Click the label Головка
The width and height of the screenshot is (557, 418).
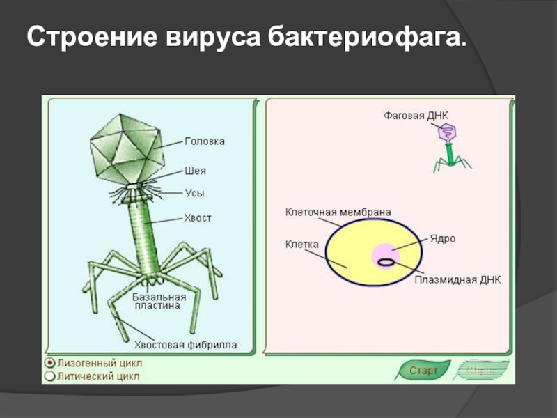204,141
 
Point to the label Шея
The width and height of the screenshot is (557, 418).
195,171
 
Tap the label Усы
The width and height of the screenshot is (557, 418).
194,193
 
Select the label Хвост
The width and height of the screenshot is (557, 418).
198,218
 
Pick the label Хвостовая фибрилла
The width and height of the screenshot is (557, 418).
185,344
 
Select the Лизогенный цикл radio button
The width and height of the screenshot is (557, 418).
49,363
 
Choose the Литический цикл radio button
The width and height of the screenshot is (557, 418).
49,376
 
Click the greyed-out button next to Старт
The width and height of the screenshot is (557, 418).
482,371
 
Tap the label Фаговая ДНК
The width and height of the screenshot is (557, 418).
416,115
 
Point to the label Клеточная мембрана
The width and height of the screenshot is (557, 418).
338,211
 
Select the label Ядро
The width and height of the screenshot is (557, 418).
442,238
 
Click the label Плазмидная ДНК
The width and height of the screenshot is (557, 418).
457,279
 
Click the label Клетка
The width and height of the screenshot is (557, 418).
301,245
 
